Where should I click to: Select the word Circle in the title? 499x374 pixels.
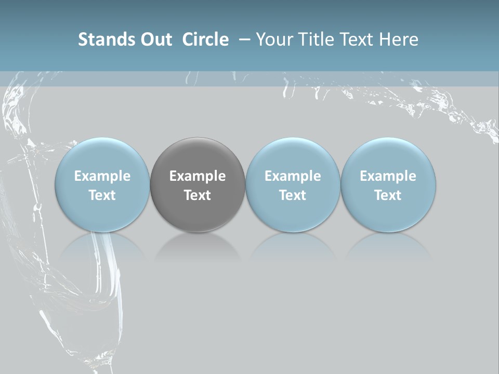pos(205,39)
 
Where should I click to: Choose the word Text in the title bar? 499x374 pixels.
pos(358,39)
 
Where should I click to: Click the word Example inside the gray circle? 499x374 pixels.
pos(198,176)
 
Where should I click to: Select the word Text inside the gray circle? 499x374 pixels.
pos(198,195)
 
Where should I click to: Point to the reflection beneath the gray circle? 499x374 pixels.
pos(198,246)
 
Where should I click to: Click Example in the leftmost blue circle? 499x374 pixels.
pos(102,176)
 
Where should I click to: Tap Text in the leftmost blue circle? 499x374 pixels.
pos(102,195)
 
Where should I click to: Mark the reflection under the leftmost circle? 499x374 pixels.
pos(102,246)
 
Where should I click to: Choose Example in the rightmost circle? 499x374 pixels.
pos(388,176)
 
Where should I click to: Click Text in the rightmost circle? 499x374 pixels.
pos(388,195)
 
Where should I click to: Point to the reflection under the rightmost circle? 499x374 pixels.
pos(388,246)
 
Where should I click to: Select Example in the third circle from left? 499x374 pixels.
pos(293,176)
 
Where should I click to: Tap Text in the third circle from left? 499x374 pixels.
pos(293,195)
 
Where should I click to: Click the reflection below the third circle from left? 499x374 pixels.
pos(293,246)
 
